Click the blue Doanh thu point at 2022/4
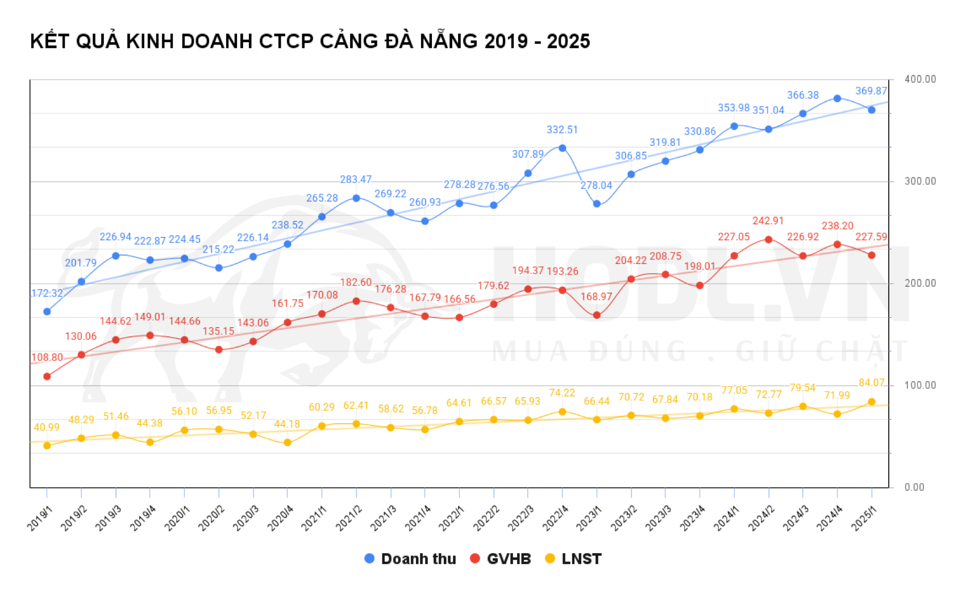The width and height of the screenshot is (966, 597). click(562, 148)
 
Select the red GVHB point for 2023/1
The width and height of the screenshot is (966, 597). click(597, 315)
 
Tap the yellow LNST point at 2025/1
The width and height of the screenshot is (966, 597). click(871, 402)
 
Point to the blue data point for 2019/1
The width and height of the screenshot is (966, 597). click(47, 312)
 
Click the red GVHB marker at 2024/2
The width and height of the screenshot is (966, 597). click(768, 240)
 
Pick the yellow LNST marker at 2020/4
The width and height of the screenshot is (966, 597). click(288, 442)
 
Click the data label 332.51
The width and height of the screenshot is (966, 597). click(562, 130)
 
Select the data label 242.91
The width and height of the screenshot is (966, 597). click(768, 221)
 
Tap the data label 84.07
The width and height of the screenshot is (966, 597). click(871, 383)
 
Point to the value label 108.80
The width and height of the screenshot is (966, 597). click(47, 358)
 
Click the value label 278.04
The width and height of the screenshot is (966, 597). click(596, 186)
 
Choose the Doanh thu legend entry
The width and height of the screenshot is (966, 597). click(410, 559)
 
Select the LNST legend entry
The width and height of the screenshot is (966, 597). click(573, 559)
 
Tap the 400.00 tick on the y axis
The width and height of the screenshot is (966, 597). click(920, 80)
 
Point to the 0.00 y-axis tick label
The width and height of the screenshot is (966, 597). click(914, 487)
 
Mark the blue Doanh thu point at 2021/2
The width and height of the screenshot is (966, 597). click(356, 198)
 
